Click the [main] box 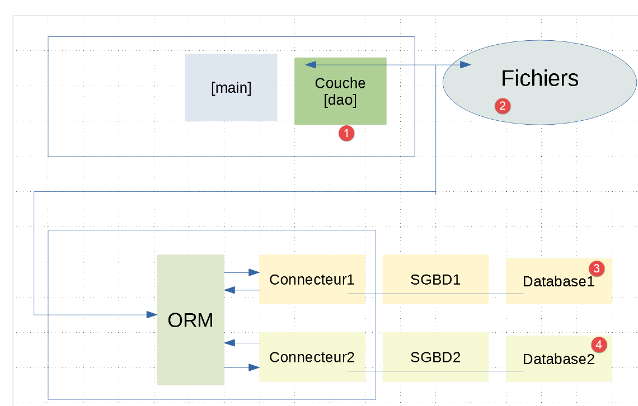coord(231,88)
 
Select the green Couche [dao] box coord(340,91)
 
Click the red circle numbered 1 coord(346,133)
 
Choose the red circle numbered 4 coord(599,344)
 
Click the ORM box coord(190,320)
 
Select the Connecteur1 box coord(312,279)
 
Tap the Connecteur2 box coord(312,357)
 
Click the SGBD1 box coord(435,279)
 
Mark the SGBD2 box coord(435,357)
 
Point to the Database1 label coord(559,282)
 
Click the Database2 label coord(559,360)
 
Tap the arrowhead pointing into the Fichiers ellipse coord(466,65)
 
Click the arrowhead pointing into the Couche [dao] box coord(310,65)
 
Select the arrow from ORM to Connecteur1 coord(242,273)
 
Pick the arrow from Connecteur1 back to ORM coord(242,290)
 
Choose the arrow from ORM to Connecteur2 coord(242,367)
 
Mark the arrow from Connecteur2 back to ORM coord(242,342)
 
